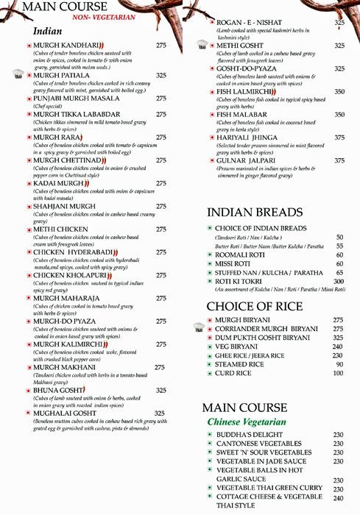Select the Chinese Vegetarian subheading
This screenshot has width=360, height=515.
tap(247, 422)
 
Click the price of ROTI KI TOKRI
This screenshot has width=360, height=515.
tap(339, 281)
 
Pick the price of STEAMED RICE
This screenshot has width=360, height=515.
tap(339, 363)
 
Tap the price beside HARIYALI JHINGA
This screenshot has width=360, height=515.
tap(339, 137)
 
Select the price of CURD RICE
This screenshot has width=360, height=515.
tap(339, 374)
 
